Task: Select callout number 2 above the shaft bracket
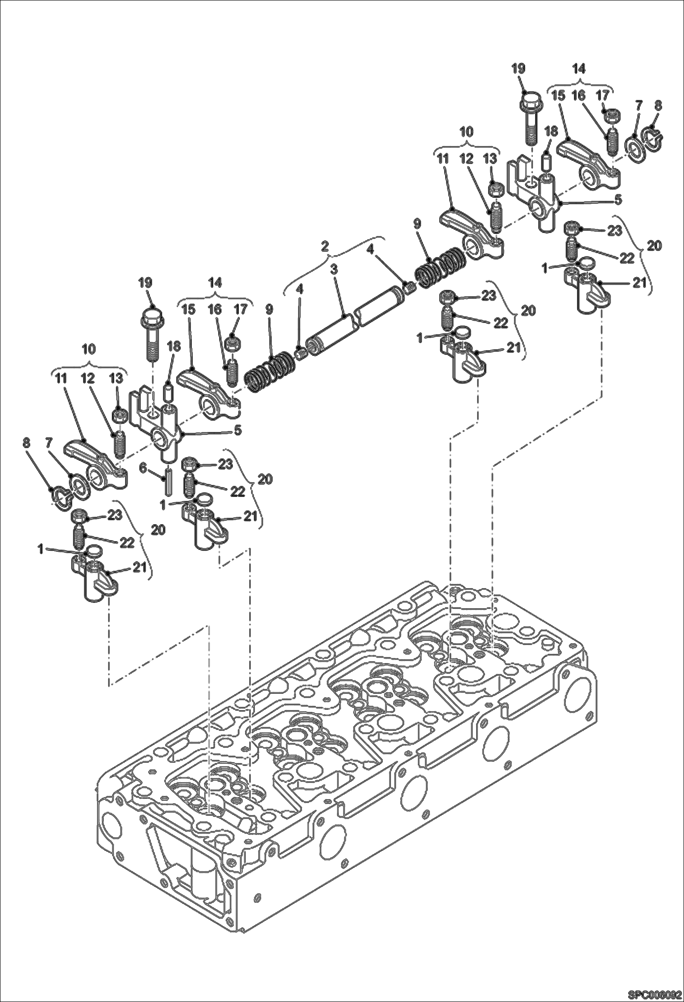pyautogui.click(x=325, y=246)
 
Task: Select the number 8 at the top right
pyautogui.click(x=658, y=105)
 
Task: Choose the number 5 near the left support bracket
pyautogui.click(x=237, y=430)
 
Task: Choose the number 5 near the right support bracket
pyautogui.click(x=618, y=199)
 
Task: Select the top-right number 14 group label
pyautogui.click(x=579, y=69)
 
